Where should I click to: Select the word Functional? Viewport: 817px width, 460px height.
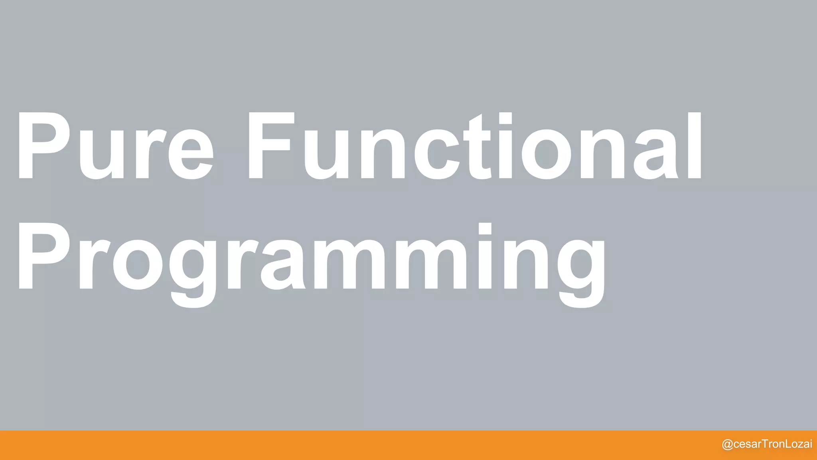(475, 146)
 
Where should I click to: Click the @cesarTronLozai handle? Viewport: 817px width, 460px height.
(767, 444)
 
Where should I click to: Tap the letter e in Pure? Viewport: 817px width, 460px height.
(191, 154)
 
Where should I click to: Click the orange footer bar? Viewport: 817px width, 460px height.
(359, 445)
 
